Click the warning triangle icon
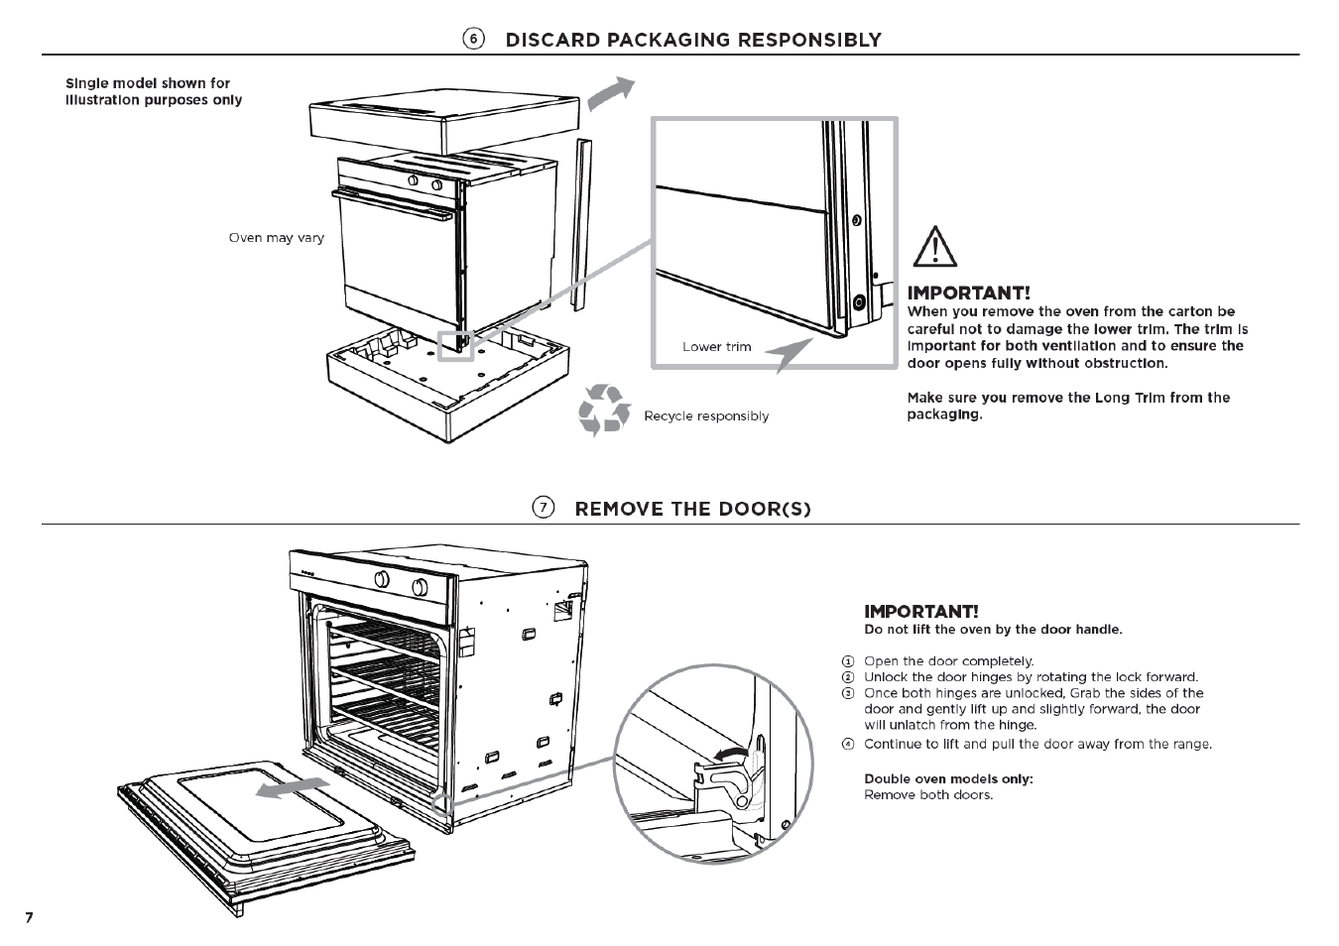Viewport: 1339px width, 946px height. coord(933,247)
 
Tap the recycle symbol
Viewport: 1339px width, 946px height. coord(604,411)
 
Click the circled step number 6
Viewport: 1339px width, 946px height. coord(474,39)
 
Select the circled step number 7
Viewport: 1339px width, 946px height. coord(543,508)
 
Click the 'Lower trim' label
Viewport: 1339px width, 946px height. coord(716,347)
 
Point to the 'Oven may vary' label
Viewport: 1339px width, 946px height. coord(276,238)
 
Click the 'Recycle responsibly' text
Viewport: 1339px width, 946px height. coord(706,416)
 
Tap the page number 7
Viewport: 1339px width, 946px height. coord(29,917)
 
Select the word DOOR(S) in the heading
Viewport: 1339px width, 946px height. coord(766,509)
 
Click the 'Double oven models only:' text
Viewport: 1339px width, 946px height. coord(948,778)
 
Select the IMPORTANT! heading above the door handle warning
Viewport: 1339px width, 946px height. coord(920,611)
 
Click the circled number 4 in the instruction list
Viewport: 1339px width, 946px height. coord(848,744)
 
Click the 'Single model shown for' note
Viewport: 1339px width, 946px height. coord(148,83)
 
